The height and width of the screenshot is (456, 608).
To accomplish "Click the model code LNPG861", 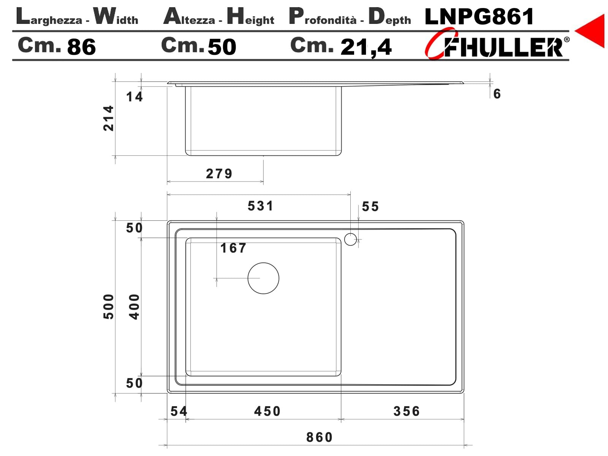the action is tap(479, 16).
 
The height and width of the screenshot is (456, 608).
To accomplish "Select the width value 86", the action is tap(81, 47).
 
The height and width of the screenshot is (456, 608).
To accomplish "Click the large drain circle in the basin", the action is tap(263, 278).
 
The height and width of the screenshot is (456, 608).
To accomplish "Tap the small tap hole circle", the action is tap(350, 239).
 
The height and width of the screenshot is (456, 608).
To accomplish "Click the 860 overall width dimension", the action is tap(319, 437).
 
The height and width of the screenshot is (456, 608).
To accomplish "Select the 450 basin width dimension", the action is tap(267, 411).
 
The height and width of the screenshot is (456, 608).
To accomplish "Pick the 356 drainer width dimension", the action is tap(407, 411).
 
